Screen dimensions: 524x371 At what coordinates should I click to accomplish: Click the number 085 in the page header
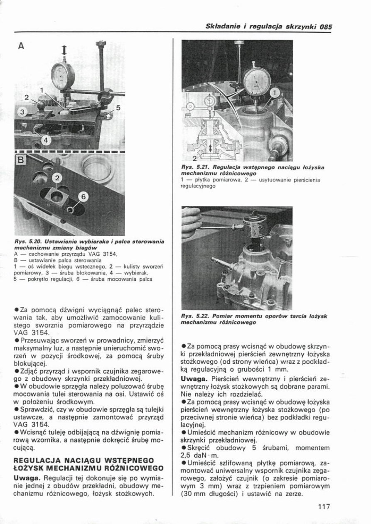point(326,26)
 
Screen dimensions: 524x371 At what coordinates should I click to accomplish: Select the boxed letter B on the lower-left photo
point(20,160)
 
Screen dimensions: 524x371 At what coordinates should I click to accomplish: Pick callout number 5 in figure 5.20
point(118,108)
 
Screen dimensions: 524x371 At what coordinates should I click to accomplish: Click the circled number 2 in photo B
point(57,179)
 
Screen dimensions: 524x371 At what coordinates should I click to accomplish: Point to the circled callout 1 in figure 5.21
point(275,93)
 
